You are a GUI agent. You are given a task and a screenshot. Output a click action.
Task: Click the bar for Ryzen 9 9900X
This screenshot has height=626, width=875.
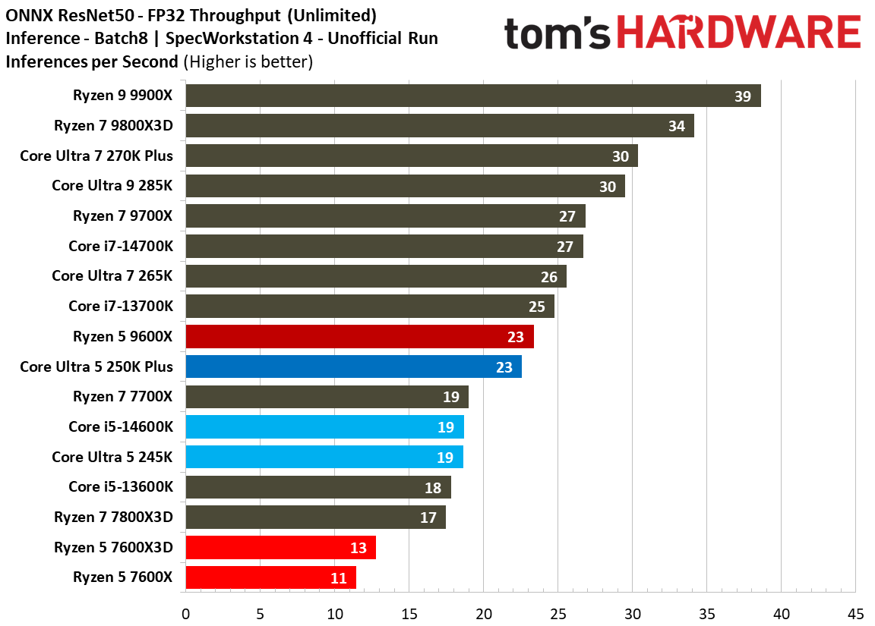[472, 96]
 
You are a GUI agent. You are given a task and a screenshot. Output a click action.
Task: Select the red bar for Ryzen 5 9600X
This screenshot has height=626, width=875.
[359, 336]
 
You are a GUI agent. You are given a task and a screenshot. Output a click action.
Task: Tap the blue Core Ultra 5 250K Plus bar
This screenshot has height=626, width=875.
[353, 366]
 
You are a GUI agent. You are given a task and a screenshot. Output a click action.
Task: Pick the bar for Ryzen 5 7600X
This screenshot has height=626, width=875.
[270, 577]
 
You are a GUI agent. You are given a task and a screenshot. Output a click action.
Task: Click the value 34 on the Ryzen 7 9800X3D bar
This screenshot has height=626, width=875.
[676, 126]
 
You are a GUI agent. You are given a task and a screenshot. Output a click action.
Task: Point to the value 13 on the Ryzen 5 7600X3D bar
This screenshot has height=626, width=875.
[358, 548]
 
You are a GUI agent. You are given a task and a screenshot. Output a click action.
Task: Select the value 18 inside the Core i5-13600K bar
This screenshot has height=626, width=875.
[432, 488]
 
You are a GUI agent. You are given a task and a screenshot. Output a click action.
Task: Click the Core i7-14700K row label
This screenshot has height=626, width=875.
[120, 246]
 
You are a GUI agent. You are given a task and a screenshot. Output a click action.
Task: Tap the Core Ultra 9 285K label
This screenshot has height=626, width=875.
[112, 186]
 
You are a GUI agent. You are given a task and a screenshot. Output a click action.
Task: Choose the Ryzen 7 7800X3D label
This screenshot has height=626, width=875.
[113, 517]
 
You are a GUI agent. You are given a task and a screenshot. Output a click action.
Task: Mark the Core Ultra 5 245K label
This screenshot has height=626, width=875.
[112, 457]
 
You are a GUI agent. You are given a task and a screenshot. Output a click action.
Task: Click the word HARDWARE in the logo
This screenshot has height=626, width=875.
[738, 34]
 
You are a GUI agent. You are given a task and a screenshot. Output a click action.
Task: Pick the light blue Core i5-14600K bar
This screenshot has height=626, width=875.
[324, 427]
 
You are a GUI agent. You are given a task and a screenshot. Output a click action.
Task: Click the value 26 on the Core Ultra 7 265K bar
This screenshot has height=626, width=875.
[548, 276]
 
